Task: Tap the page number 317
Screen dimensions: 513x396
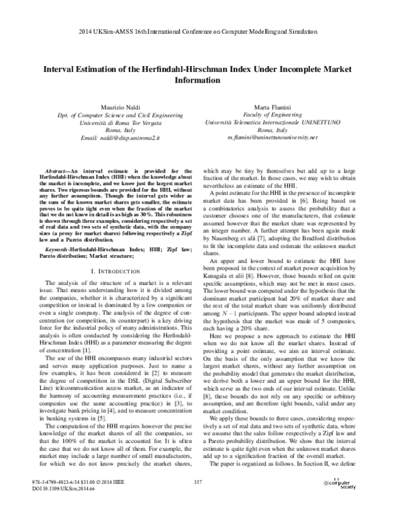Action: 197,500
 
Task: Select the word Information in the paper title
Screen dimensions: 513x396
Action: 197,81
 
